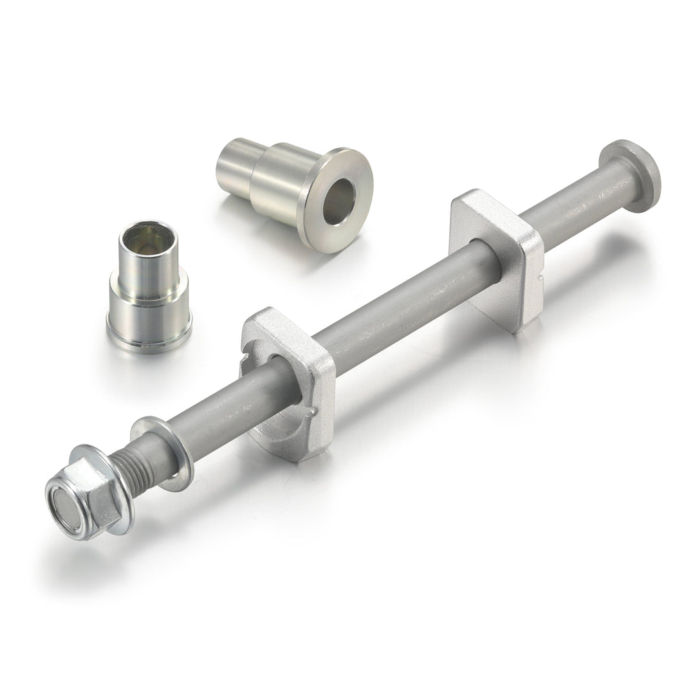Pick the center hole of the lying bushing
[x=339, y=201]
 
